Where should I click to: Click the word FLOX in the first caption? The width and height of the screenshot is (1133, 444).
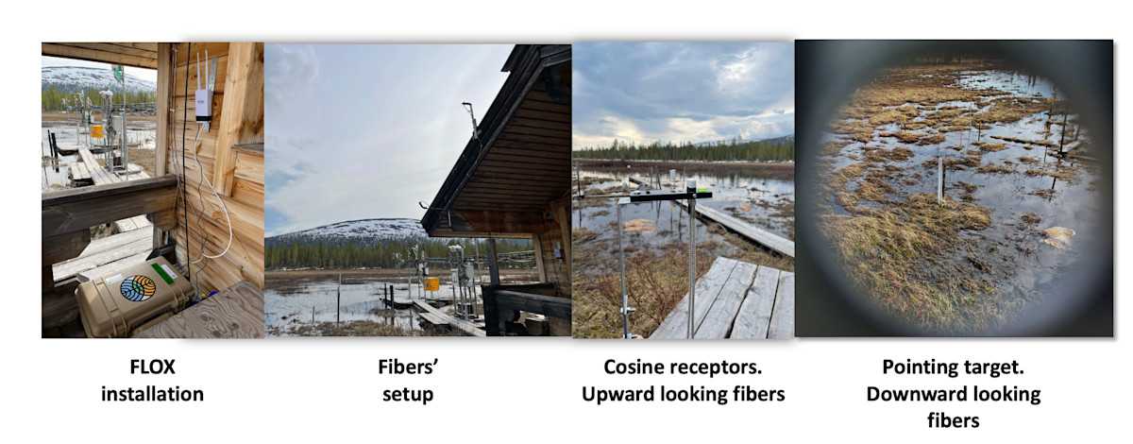tap(152, 367)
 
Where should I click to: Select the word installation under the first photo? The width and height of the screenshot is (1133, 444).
tap(152, 394)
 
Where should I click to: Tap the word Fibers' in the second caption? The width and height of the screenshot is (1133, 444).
tap(408, 367)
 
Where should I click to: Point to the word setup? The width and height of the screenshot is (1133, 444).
tap(408, 395)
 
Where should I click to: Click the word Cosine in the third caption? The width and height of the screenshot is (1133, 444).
tap(634, 367)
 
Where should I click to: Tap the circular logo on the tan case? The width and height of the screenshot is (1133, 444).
tap(138, 288)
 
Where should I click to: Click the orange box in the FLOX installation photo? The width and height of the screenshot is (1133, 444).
tap(96, 131)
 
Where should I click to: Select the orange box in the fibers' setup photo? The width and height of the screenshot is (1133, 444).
tap(431, 284)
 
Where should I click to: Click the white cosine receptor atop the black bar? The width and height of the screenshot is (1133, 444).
tap(691, 185)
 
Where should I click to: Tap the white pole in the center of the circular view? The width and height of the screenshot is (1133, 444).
tap(940, 180)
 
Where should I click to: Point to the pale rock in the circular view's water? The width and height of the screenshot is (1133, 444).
tap(1059, 236)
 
